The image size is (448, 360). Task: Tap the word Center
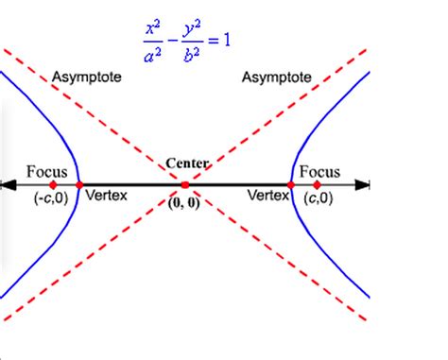click(187, 163)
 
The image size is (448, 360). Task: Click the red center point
click(185, 185)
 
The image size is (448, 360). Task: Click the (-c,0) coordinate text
click(45, 198)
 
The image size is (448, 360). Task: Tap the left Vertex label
click(106, 196)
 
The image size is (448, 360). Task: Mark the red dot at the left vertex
click(79, 185)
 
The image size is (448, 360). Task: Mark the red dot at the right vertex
click(291, 185)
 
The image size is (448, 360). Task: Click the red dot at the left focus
click(53, 185)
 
